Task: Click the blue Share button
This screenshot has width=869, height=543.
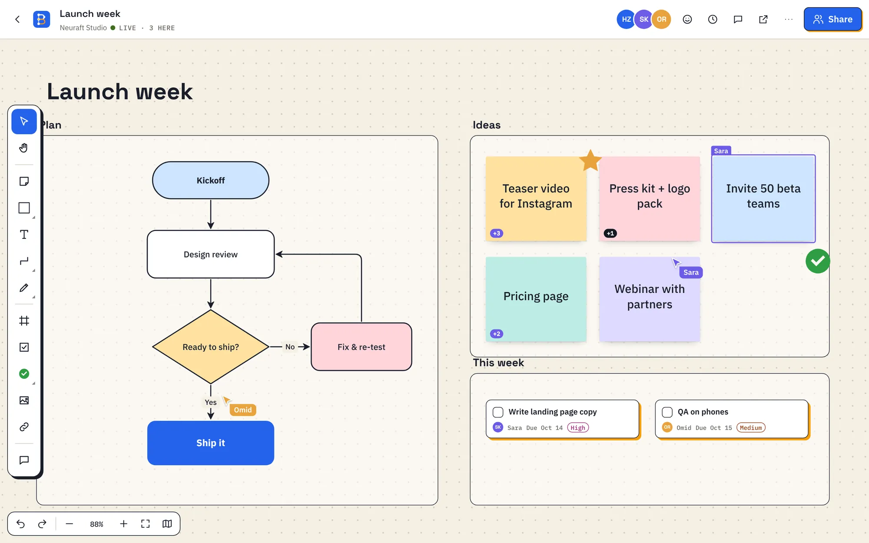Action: (x=833, y=19)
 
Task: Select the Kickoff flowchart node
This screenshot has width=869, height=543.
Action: (x=211, y=180)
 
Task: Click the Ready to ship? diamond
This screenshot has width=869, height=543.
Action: (x=211, y=347)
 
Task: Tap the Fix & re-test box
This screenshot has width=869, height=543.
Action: (x=362, y=347)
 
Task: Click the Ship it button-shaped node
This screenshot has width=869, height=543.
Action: (x=211, y=443)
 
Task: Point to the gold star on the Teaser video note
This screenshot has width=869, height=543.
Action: (x=590, y=160)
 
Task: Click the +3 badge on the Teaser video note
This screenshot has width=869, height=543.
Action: (x=497, y=233)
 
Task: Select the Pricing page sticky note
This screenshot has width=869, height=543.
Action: (x=536, y=299)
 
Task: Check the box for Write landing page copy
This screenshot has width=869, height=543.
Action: (x=498, y=412)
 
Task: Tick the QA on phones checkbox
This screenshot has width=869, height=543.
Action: (x=667, y=412)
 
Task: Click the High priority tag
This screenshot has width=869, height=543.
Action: (x=578, y=427)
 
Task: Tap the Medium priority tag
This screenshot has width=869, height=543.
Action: (x=751, y=427)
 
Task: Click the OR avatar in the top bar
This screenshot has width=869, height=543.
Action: (x=661, y=19)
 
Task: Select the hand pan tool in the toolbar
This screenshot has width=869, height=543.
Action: (x=24, y=148)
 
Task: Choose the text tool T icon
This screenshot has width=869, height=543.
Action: (x=24, y=235)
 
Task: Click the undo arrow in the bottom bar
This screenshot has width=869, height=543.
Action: (x=20, y=524)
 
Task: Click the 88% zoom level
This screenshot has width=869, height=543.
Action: (x=96, y=524)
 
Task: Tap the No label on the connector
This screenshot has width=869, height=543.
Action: (x=290, y=347)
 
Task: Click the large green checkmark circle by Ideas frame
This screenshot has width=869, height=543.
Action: (x=818, y=261)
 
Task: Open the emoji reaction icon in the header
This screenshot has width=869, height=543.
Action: (x=687, y=19)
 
